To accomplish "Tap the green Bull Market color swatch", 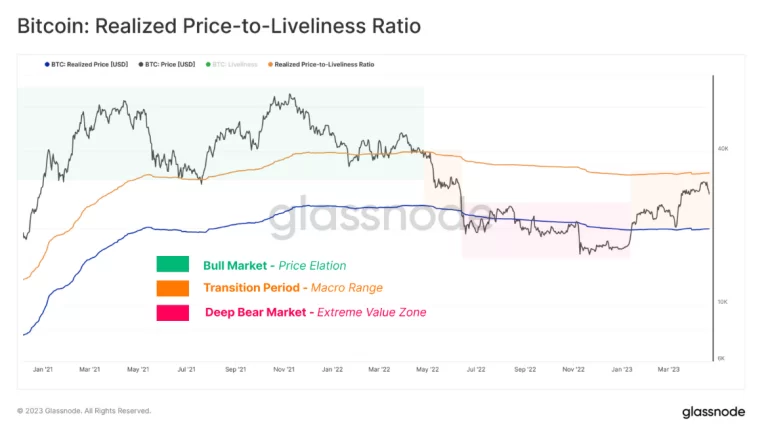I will pyautogui.click(x=172, y=265).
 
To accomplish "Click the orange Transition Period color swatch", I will pyautogui.click(x=172, y=288).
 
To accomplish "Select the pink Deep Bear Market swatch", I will pyautogui.click(x=172, y=312).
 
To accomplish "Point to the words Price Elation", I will pyautogui.click(x=314, y=266).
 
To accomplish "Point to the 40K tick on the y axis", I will pyautogui.click(x=722, y=148).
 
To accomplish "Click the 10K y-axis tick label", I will pyautogui.click(x=722, y=301).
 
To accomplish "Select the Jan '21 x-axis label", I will pyautogui.click(x=42, y=369).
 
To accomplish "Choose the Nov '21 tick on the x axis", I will pyautogui.click(x=284, y=369).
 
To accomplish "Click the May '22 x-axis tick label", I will pyautogui.click(x=428, y=369).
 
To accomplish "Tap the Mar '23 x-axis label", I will pyautogui.click(x=670, y=369).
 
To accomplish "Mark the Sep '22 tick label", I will pyautogui.click(x=525, y=369).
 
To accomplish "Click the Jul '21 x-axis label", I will pyautogui.click(x=186, y=369).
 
